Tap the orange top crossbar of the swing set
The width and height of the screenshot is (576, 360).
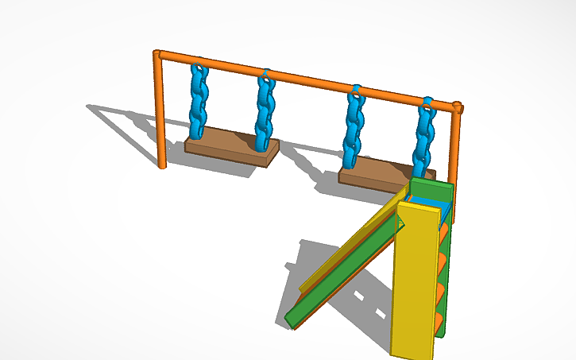click(x=310, y=79)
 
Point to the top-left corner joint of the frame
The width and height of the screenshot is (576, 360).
click(x=158, y=55)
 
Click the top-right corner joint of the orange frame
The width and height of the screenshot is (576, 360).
click(x=458, y=106)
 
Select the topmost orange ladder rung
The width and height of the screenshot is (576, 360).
click(x=444, y=230)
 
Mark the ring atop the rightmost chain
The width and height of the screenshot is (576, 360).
click(x=427, y=102)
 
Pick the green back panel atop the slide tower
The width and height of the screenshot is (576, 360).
click(x=433, y=192)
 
